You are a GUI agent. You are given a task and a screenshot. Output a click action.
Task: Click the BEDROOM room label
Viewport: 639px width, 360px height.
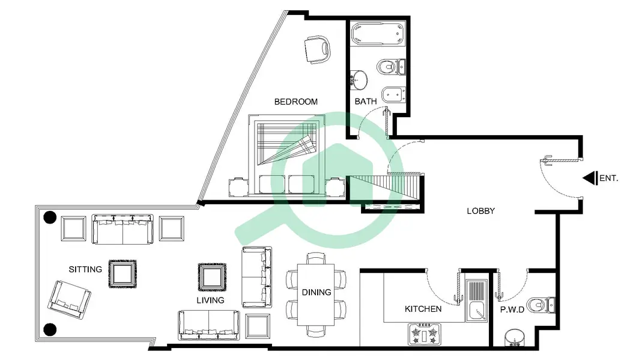point(296,102)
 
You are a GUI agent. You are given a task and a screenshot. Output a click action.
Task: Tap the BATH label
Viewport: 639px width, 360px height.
point(366,101)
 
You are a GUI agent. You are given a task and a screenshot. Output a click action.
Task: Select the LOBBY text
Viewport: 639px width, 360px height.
point(481,211)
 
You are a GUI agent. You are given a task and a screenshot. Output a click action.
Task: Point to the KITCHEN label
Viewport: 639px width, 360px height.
point(423,309)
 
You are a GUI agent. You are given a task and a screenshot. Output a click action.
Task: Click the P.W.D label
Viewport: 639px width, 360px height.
point(512,310)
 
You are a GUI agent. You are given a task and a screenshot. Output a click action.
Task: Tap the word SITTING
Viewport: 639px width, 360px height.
point(85,269)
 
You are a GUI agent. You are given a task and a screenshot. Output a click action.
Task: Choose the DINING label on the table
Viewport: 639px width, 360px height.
point(316,292)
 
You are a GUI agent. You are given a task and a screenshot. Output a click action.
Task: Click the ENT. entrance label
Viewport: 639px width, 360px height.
point(609,178)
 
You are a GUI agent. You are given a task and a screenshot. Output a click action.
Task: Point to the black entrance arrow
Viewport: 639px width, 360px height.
point(590,178)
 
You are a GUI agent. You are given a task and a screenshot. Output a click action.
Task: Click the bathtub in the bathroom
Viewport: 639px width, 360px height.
point(378,34)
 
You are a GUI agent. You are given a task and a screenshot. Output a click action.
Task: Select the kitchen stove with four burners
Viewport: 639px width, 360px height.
point(424,334)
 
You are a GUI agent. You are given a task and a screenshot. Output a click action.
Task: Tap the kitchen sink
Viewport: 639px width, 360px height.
point(476,300)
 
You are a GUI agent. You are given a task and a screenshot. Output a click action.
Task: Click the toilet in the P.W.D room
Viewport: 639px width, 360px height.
point(541,305)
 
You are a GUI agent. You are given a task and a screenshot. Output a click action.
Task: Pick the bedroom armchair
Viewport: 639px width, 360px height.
point(317,49)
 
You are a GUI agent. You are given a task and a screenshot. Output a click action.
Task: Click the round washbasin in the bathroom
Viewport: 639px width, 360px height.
point(359,81)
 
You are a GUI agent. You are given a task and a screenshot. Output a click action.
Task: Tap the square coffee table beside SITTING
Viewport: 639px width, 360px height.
point(123,274)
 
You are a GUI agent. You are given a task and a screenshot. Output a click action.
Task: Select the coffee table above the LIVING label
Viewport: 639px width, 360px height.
point(212,277)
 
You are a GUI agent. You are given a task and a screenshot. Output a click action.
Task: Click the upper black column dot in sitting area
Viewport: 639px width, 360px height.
point(50,218)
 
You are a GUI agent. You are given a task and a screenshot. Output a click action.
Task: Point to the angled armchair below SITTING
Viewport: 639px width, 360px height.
point(69,300)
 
